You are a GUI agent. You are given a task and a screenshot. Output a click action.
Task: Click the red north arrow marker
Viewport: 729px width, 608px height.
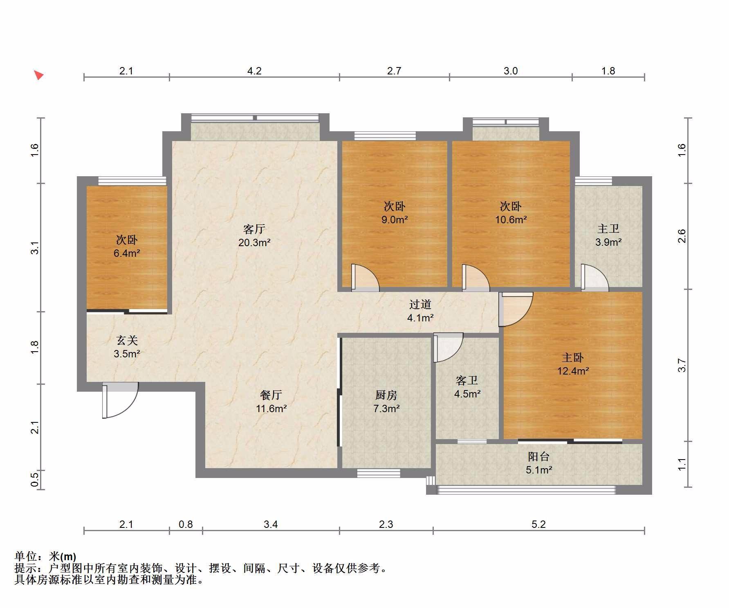(38, 75)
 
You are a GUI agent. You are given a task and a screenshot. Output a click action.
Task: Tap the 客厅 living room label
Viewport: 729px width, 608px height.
(254, 229)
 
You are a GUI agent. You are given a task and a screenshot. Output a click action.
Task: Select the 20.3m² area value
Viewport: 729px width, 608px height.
(254, 242)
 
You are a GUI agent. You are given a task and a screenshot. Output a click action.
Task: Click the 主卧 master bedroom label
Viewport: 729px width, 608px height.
(573, 358)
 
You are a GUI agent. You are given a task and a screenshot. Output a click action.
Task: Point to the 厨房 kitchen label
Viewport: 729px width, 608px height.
(386, 395)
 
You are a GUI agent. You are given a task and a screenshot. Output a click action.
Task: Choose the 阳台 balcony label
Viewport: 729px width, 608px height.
(538, 457)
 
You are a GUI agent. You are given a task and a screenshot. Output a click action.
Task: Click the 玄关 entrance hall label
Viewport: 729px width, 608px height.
(127, 340)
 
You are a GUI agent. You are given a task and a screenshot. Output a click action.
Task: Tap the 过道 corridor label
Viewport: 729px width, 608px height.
(420, 304)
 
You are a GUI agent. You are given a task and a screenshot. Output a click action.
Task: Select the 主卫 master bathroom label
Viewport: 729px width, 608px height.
(608, 229)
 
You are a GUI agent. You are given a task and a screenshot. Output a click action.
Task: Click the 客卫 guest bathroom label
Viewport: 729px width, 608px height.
(467, 381)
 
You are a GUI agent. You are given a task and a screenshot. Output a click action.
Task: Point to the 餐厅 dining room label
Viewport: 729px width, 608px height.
(271, 395)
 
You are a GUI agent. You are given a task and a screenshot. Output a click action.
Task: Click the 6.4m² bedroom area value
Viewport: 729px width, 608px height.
(127, 253)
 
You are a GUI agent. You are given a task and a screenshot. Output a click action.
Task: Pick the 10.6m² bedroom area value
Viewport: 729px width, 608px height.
(511, 220)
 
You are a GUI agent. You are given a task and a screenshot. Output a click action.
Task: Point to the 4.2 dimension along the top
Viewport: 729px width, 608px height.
(254, 71)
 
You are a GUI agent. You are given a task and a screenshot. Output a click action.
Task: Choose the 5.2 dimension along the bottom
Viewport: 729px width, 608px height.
(538, 524)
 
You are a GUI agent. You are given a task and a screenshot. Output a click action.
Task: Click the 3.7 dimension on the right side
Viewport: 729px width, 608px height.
(682, 365)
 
